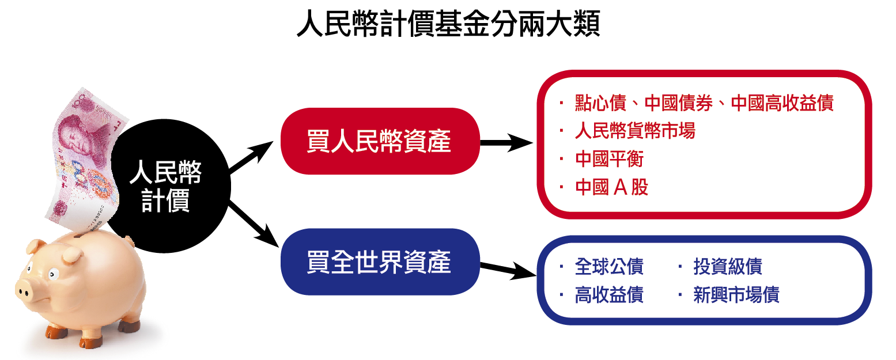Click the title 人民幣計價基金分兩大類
tap(448, 25)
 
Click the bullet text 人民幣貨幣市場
tap(634, 131)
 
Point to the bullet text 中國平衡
tap(608, 160)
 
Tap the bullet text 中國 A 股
tap(611, 188)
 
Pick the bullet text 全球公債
tap(608, 267)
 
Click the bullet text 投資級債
tap(727, 267)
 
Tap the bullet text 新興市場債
tap(736, 295)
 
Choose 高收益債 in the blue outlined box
tap(608, 295)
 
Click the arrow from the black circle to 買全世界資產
tap(251, 225)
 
